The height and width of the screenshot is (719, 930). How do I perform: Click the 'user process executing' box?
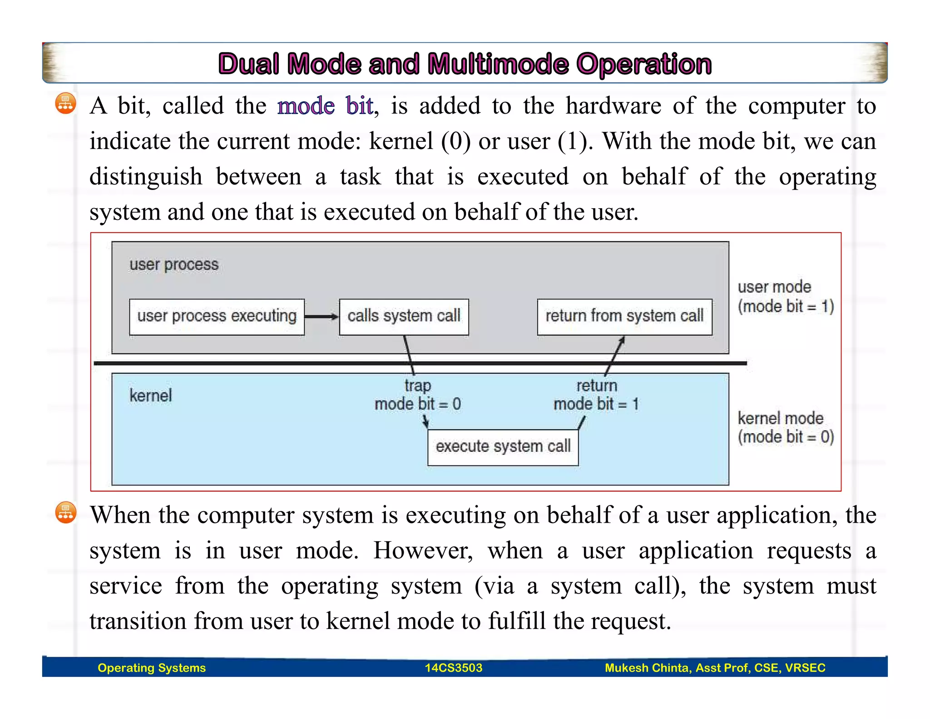(x=217, y=317)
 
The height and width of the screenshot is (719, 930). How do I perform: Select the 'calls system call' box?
(x=404, y=317)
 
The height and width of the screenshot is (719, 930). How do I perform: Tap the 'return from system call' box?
(x=624, y=317)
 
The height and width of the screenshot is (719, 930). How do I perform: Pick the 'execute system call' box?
(x=503, y=447)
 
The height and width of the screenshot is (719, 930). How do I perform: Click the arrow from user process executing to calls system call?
(x=322, y=317)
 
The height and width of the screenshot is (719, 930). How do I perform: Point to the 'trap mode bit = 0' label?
(x=417, y=395)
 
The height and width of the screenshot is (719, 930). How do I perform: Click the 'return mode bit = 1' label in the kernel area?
(x=596, y=395)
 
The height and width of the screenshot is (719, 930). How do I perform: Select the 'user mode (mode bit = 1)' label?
(x=785, y=297)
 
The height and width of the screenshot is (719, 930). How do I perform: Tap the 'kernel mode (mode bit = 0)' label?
(x=785, y=428)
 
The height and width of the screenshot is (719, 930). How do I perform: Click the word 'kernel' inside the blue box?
(x=151, y=396)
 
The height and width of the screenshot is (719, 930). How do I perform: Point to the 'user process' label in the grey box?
(x=174, y=265)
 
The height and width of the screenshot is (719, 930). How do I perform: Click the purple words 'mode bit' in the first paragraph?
(x=326, y=106)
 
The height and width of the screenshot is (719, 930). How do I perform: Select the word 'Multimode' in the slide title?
(x=498, y=64)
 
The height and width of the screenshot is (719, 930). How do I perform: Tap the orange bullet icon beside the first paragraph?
(x=65, y=104)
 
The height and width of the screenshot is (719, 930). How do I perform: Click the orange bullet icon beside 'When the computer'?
(x=65, y=513)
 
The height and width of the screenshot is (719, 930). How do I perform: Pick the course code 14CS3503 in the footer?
(x=453, y=668)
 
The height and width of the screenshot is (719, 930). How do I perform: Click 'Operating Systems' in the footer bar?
(x=152, y=668)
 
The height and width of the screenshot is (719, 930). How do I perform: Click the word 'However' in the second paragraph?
(x=423, y=551)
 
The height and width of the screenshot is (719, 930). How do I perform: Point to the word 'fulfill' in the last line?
(x=517, y=621)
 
